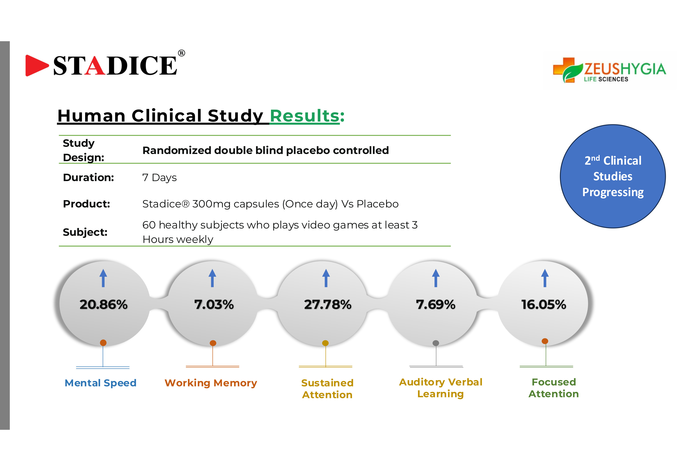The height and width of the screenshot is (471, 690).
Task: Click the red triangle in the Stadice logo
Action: click(x=36, y=65)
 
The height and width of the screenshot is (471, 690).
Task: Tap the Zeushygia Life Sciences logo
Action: click(x=609, y=70)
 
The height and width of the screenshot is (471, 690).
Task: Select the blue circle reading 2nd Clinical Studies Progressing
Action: click(x=613, y=176)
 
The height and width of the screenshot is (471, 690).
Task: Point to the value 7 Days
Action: click(x=160, y=178)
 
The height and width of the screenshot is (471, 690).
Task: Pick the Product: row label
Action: click(x=86, y=204)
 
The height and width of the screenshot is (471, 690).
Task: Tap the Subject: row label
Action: click(x=85, y=232)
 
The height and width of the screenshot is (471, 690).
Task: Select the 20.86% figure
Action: click(x=103, y=305)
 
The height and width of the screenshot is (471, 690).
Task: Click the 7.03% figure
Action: click(x=214, y=305)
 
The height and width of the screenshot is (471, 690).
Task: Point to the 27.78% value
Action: click(x=327, y=305)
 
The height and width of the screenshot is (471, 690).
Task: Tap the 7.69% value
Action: click(x=436, y=305)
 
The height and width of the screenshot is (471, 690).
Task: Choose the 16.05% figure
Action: click(x=544, y=305)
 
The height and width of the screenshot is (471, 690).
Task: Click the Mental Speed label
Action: click(x=100, y=383)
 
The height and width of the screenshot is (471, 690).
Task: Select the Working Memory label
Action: click(x=211, y=383)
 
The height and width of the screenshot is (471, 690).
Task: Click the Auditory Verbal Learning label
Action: click(x=441, y=388)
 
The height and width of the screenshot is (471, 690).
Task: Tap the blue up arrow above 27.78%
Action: click(x=326, y=278)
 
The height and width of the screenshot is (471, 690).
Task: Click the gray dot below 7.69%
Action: click(x=436, y=343)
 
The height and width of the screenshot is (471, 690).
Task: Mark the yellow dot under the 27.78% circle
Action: click(x=325, y=343)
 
